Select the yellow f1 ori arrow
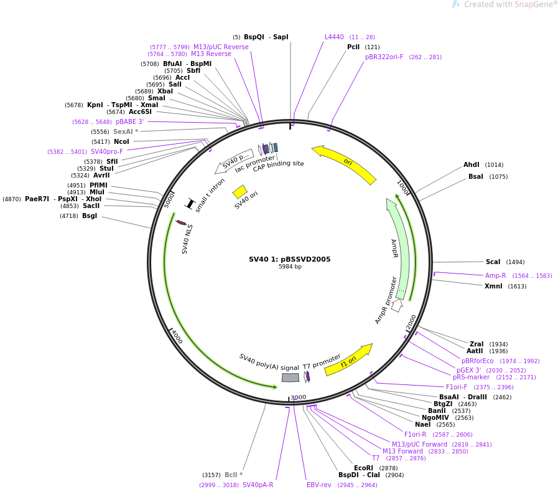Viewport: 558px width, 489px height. [348, 360]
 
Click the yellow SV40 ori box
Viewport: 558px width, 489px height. [239, 191]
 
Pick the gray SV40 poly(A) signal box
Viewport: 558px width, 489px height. [291, 377]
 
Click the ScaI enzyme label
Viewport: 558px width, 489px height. [493, 262]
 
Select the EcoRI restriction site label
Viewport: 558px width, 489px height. [363, 468]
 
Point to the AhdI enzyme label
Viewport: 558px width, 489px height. [471, 165]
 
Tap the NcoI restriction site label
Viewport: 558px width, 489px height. [121, 142]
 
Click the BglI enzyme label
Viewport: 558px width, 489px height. [90, 216]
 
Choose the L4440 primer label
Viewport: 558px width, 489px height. [334, 37]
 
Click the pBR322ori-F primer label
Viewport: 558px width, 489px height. [384, 57]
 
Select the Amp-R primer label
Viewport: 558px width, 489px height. [495, 275]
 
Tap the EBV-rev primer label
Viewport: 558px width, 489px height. [319, 485]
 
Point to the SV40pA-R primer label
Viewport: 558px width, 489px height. [258, 485]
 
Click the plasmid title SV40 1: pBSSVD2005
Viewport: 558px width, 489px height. [289, 259]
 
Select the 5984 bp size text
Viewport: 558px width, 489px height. [290, 267]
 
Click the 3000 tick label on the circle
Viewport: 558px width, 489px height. [299, 397]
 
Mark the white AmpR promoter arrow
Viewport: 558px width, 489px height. [397, 305]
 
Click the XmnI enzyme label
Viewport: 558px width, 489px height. [493, 287]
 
